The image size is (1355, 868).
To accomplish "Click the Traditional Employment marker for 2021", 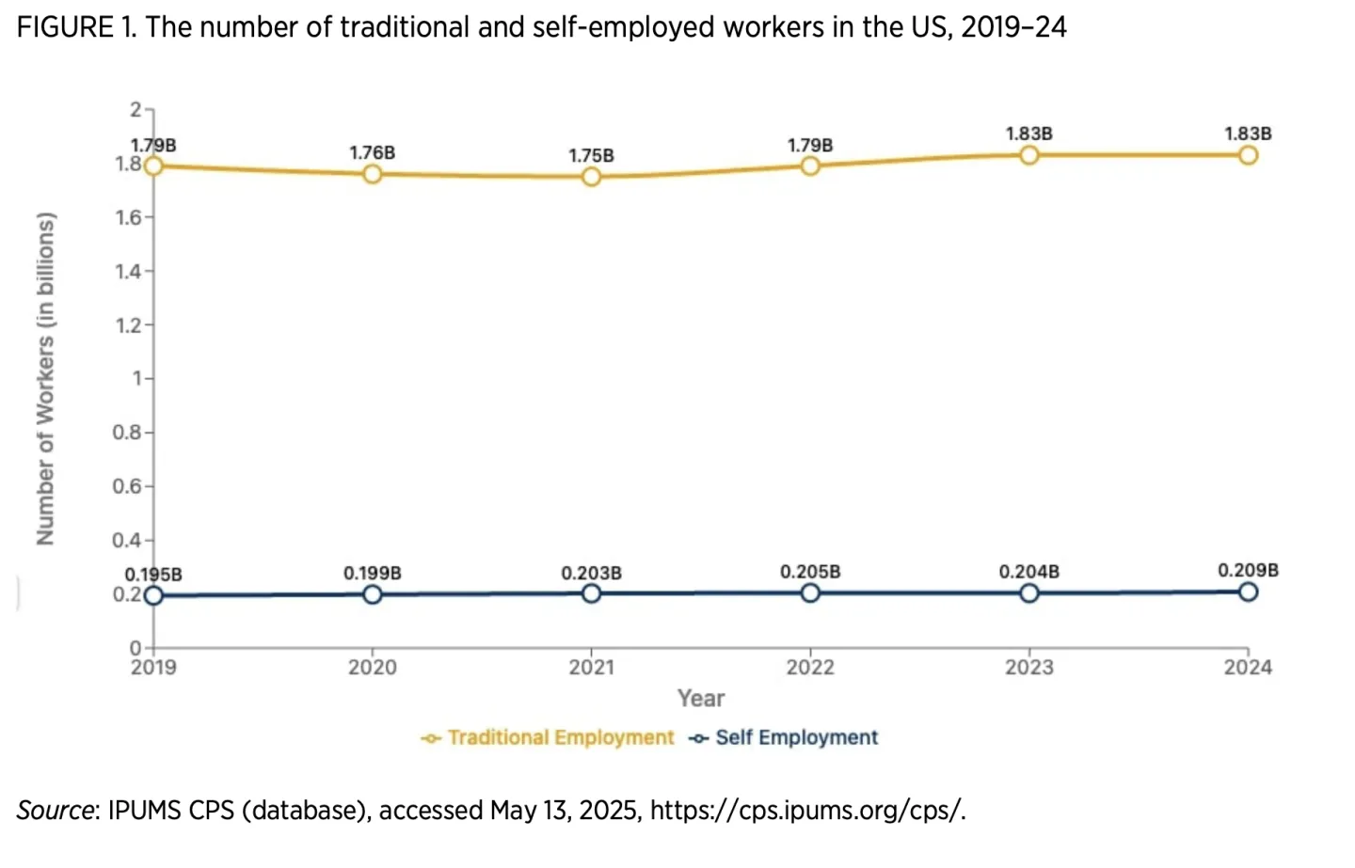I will point(591,177).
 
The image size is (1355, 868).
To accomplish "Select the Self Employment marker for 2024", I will point(1248,592).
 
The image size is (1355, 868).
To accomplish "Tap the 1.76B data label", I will point(373,152).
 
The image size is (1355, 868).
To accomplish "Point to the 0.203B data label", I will point(591,573).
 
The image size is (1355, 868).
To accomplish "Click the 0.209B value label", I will point(1248,570).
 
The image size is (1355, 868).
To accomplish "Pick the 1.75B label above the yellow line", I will point(591,155).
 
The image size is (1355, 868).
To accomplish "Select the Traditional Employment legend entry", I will point(550,737).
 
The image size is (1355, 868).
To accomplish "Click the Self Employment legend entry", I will point(785,737).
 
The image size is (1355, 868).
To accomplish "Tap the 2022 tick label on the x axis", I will point(810,668).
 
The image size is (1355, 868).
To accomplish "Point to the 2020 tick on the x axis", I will point(373,668).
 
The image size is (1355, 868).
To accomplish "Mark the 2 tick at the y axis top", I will point(135,110).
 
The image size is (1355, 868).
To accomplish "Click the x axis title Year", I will point(701,699).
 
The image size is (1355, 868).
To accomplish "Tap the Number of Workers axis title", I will point(45,378).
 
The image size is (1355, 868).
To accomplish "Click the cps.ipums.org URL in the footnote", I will point(807,811).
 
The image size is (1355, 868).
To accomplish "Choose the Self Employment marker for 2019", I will point(153,595).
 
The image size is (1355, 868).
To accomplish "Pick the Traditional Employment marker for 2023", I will point(1029,155).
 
